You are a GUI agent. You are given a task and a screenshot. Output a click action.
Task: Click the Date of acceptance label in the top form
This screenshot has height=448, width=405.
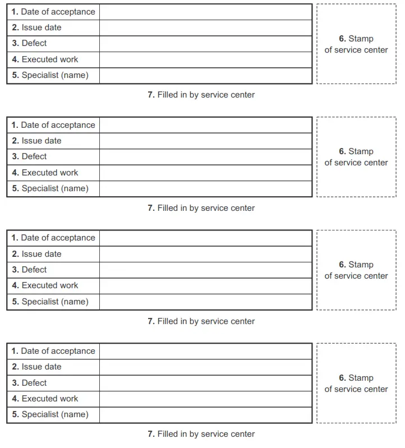click(53, 12)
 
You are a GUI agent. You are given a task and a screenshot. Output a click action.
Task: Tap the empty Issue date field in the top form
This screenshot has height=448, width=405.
click(205, 27)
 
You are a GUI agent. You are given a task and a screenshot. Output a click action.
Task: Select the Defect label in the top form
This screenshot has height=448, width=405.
click(29, 43)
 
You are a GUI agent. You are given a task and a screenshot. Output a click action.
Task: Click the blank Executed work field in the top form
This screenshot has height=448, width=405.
click(205, 59)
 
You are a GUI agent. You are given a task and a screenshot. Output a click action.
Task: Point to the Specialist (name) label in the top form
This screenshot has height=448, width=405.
click(50, 75)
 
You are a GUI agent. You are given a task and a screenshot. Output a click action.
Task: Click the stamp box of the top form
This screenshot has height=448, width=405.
click(356, 44)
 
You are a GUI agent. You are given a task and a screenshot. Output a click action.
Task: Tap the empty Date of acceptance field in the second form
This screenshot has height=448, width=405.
click(205, 125)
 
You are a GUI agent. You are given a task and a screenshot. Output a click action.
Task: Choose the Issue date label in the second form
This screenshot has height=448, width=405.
click(36, 141)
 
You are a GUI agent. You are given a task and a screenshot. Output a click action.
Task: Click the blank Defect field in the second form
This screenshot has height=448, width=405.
click(205, 156)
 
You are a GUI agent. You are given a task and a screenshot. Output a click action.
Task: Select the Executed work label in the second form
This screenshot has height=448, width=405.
click(45, 173)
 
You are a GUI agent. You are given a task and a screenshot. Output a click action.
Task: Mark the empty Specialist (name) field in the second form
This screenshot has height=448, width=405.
click(205, 188)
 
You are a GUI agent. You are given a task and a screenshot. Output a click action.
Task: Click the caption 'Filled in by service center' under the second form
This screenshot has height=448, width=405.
click(201, 208)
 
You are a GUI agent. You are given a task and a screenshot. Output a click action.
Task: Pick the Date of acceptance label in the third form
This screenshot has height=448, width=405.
click(53, 238)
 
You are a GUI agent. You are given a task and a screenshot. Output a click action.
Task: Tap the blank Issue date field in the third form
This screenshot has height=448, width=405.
click(205, 254)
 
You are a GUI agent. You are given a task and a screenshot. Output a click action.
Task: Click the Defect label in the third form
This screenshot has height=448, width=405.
click(29, 270)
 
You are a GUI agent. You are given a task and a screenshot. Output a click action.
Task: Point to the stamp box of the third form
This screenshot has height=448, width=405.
click(356, 270)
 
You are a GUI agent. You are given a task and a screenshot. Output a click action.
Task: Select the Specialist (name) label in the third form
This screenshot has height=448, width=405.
click(50, 302)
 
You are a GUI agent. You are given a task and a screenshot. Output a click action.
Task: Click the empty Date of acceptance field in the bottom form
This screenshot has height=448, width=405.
click(205, 351)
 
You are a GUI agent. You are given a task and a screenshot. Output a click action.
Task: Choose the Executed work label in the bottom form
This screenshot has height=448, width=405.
click(45, 399)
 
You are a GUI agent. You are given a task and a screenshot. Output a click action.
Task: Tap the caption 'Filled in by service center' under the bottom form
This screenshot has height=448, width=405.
click(201, 434)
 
